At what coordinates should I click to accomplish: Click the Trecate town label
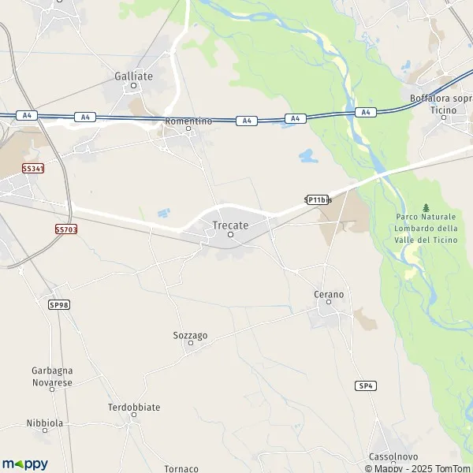click(x=230, y=225)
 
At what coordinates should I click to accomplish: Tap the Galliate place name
click(x=133, y=76)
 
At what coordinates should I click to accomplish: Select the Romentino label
click(x=188, y=121)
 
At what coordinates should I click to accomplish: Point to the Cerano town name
click(x=329, y=294)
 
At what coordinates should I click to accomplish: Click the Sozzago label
click(x=190, y=336)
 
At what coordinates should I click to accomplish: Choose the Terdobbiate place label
click(x=134, y=408)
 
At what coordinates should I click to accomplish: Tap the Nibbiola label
click(x=44, y=423)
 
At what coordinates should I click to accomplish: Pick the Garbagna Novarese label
click(x=52, y=376)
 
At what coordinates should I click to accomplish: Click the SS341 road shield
click(x=33, y=169)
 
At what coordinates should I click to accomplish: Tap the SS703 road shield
click(x=66, y=229)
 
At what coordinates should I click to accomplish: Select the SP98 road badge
click(x=58, y=304)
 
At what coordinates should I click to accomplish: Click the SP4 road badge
click(x=365, y=385)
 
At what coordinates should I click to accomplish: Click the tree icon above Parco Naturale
click(x=426, y=207)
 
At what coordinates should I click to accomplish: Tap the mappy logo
click(x=24, y=464)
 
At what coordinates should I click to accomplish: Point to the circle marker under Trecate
click(x=231, y=234)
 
